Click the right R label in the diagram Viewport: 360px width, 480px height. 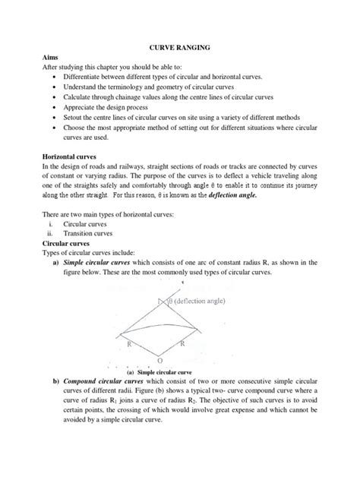pos(182,344)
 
